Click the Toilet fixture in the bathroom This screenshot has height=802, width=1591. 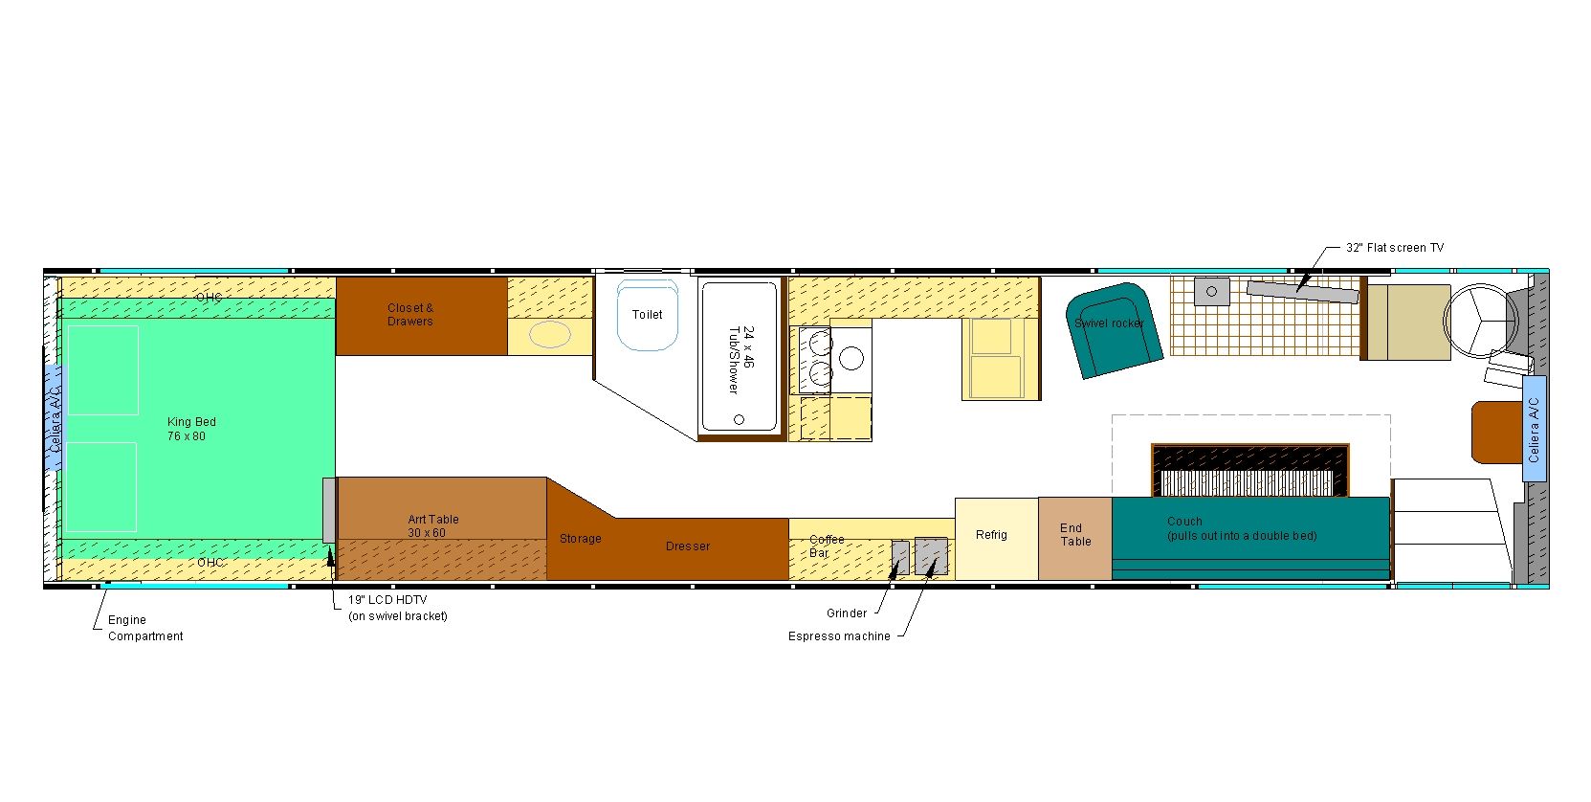pos(648,315)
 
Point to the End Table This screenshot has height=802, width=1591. pos(1074,536)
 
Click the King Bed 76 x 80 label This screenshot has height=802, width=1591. pos(191,429)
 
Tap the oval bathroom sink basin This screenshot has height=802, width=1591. pos(549,335)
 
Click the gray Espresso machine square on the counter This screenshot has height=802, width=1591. pos(931,555)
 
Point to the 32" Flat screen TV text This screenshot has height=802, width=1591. pos(1394,248)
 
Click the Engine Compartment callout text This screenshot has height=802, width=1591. pos(144,628)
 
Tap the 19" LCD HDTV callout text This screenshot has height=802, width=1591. pos(396,608)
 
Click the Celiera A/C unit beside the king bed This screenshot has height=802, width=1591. pos(55,417)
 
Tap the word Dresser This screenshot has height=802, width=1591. pos(688,546)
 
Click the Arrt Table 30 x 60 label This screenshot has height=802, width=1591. pos(432,526)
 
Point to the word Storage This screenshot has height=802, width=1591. pos(580,539)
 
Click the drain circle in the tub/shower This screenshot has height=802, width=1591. pos(739,419)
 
